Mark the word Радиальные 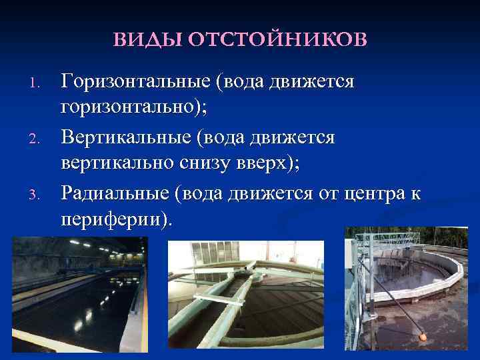[114, 193]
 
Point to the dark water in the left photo [67, 313]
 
